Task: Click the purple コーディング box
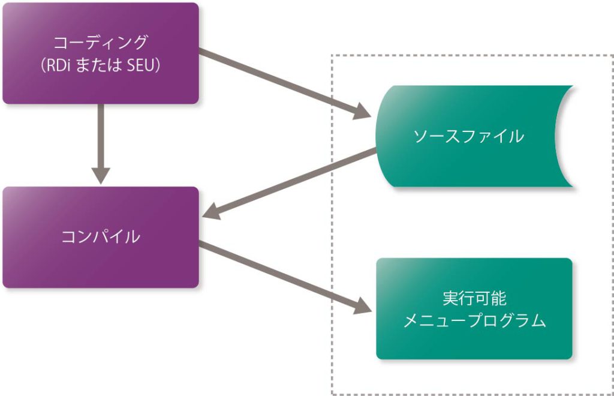tap(100, 84)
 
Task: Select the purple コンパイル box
tap(100, 264)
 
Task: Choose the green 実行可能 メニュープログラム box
tap(474, 342)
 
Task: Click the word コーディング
tap(100, 43)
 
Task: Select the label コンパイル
tap(100, 237)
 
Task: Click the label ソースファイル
tap(468, 136)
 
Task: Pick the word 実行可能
tap(474, 298)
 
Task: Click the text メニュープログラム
tap(474, 320)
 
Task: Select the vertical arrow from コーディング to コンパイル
tap(100, 138)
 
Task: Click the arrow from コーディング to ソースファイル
tap(276, 81)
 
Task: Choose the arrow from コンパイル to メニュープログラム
tap(276, 273)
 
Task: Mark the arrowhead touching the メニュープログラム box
tap(363, 306)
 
